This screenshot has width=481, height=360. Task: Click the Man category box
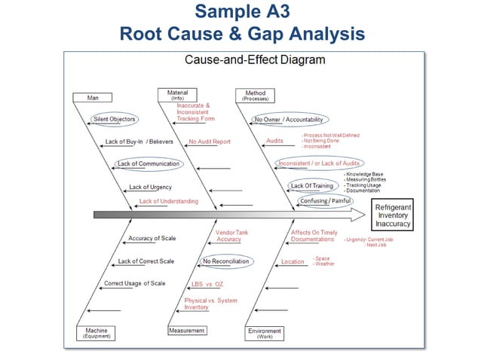click(x=93, y=97)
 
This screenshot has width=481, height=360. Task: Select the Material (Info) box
click(x=178, y=95)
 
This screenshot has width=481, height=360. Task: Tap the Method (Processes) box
click(x=255, y=96)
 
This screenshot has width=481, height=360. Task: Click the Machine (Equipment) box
click(x=96, y=333)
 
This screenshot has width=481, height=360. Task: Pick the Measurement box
click(x=187, y=331)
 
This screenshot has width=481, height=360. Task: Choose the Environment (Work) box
click(x=264, y=333)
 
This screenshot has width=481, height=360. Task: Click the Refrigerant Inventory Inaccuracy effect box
click(x=393, y=215)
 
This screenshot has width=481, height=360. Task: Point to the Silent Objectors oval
click(x=114, y=119)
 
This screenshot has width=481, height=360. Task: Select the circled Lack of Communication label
click(x=149, y=163)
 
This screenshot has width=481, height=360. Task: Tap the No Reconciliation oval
click(x=225, y=261)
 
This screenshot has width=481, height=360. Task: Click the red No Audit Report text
click(x=210, y=142)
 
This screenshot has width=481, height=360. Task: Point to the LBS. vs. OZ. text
click(x=207, y=285)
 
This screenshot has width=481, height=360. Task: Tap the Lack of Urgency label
click(x=150, y=187)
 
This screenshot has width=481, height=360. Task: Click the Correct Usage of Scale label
click(x=134, y=284)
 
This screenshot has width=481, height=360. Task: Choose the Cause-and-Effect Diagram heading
click(x=245, y=60)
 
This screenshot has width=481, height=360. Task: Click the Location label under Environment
click(x=293, y=262)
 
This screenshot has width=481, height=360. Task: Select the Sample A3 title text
click(x=241, y=12)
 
